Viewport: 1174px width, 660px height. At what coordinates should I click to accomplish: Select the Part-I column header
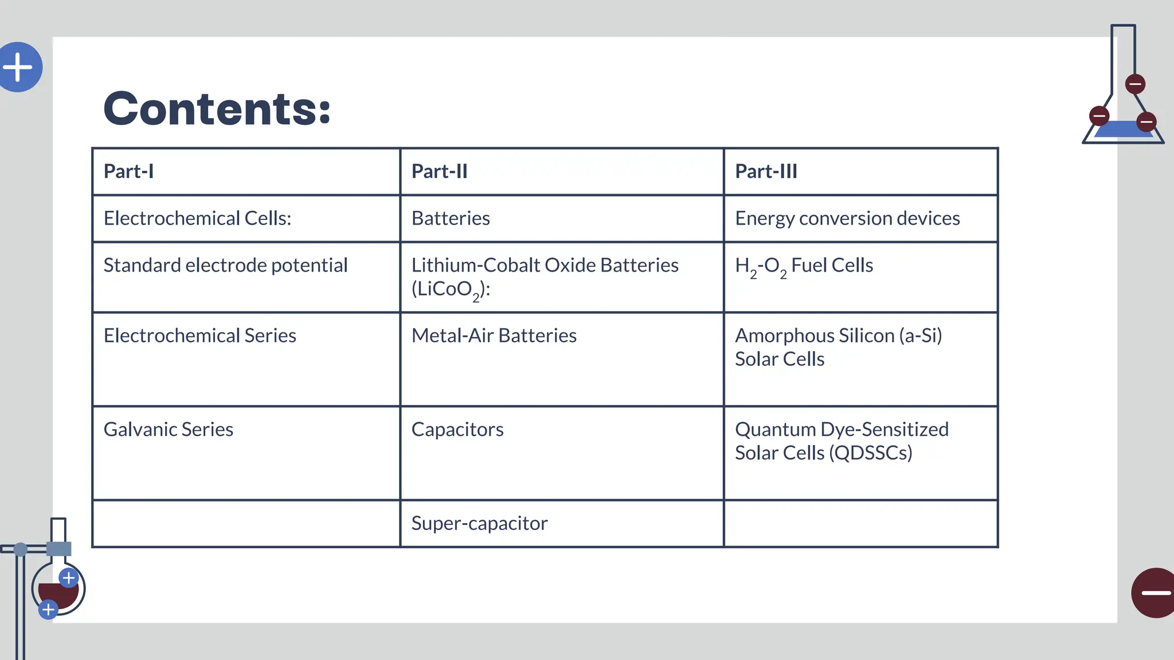(128, 171)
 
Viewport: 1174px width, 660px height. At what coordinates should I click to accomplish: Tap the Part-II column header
(439, 171)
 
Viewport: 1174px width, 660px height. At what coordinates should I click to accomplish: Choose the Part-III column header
(766, 171)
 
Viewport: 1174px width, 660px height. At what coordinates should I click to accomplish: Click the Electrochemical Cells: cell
(197, 218)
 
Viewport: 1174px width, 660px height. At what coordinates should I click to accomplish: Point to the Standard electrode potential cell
(225, 265)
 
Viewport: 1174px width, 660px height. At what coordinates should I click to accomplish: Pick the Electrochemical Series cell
(199, 336)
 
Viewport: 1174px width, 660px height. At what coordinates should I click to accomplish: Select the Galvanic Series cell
(168, 430)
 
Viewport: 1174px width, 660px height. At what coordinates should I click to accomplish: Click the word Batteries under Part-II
(451, 218)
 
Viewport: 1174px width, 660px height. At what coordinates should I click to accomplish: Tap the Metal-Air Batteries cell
(494, 336)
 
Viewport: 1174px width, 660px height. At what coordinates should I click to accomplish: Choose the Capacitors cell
(457, 430)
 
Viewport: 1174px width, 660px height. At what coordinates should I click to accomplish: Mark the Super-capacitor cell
(479, 524)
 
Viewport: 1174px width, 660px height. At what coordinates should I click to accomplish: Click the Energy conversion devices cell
(847, 218)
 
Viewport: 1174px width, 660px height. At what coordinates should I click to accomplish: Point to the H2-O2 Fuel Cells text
(804, 266)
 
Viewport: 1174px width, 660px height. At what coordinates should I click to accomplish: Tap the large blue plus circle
(19, 67)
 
